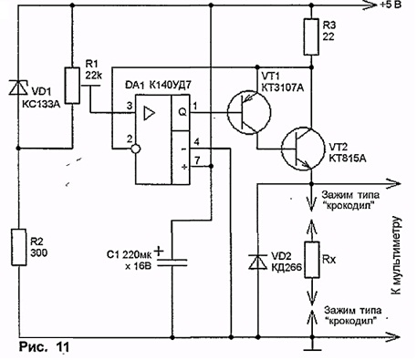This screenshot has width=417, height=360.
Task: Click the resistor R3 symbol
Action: (x=311, y=36)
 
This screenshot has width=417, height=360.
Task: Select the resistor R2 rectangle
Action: (x=19, y=247)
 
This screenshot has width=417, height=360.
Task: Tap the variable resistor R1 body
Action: (x=72, y=86)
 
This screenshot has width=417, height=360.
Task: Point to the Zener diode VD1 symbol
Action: (x=18, y=87)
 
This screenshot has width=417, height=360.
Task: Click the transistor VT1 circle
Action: (x=249, y=112)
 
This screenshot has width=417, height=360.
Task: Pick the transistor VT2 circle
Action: (x=303, y=149)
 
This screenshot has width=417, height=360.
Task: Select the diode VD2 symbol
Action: (x=257, y=262)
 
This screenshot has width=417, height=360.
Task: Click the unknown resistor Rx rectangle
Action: (x=312, y=260)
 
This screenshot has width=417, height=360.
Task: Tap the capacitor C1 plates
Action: (x=172, y=262)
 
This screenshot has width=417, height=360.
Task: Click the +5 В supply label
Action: (x=391, y=5)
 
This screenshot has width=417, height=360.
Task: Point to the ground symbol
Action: (x=312, y=349)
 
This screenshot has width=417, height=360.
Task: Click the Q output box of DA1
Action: (x=181, y=112)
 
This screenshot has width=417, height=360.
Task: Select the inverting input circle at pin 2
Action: (x=136, y=149)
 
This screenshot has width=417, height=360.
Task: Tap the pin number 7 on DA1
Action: (x=197, y=160)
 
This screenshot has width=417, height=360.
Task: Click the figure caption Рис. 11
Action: (x=44, y=346)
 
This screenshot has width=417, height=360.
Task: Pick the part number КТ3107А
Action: (x=283, y=87)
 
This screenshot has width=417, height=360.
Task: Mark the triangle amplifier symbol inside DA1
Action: (x=149, y=113)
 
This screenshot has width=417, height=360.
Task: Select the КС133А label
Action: (x=41, y=105)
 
